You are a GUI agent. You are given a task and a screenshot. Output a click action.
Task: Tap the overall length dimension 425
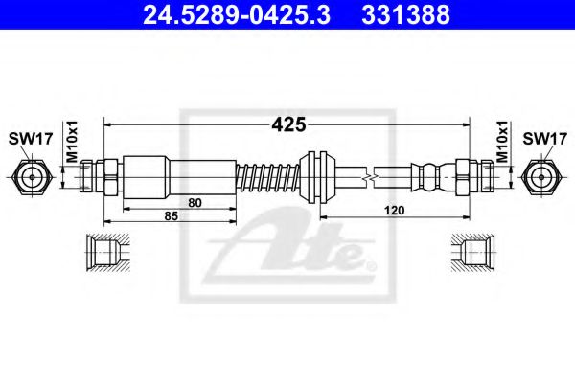coord(288,124)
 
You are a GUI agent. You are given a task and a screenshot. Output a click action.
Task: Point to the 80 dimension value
coord(195,202)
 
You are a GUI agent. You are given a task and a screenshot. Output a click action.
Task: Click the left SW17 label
coord(31,138)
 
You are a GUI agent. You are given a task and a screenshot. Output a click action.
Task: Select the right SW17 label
coord(542,138)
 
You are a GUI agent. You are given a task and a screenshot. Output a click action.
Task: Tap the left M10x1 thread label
coord(69,141)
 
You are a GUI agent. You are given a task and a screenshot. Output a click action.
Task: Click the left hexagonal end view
coord(31,176)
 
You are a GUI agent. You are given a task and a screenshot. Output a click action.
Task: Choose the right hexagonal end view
coord(543,176)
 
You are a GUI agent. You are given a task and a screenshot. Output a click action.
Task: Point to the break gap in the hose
coord(368,176)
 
